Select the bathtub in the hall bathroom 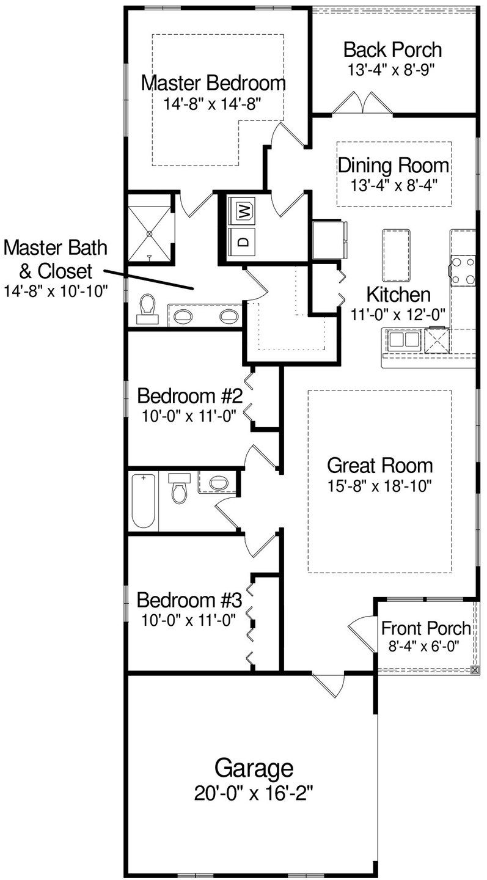click(144, 501)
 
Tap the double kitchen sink click(403, 339)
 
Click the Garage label click(253, 768)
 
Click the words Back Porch click(392, 50)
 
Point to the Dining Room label click(394, 165)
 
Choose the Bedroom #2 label click(190, 396)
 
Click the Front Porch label click(426, 628)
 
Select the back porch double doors click(362, 103)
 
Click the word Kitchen click(398, 295)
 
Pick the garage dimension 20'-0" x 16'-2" click(254, 793)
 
